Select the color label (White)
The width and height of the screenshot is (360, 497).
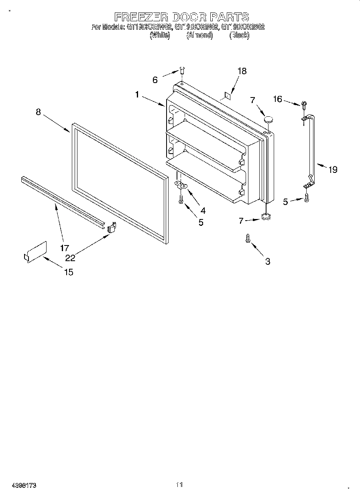[x=160, y=35]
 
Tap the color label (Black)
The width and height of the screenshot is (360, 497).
[x=239, y=35]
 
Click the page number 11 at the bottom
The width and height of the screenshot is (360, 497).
[x=179, y=485]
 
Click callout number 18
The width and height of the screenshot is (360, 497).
[x=242, y=71]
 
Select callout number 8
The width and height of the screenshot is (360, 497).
[x=38, y=112]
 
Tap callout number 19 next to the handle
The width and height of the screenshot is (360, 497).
[x=333, y=170]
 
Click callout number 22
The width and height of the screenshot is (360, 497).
[x=71, y=258]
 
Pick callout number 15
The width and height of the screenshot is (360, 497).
[x=69, y=272]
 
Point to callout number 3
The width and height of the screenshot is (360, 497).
[x=268, y=262]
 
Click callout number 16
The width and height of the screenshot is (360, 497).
[x=277, y=99]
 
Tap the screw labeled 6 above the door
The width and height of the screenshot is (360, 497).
[x=181, y=71]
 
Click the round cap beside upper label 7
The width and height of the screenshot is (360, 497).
[x=268, y=119]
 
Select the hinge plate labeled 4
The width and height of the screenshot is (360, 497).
[x=182, y=185]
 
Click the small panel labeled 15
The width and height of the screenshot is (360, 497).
[x=35, y=252]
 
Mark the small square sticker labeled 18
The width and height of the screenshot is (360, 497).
[x=227, y=95]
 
